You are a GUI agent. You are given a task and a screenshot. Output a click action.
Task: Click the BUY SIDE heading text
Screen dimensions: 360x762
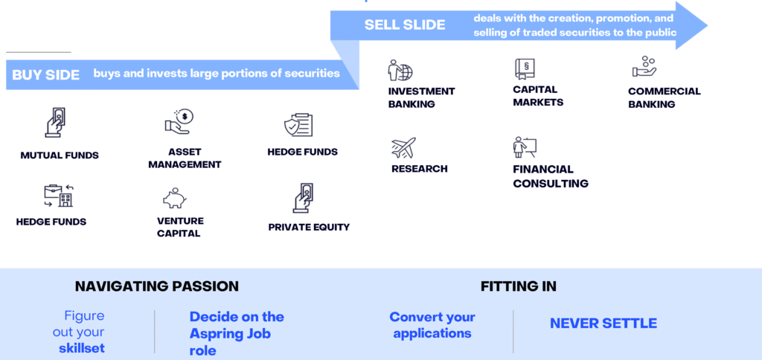tap(45, 75)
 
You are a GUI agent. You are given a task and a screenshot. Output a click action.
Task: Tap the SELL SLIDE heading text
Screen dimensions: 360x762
tap(404, 25)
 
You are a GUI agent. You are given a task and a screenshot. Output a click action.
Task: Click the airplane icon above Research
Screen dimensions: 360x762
tap(403, 149)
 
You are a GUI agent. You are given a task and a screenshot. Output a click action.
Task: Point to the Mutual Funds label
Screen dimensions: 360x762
tap(60, 155)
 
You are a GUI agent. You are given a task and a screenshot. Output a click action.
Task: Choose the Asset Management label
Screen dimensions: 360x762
tap(185, 158)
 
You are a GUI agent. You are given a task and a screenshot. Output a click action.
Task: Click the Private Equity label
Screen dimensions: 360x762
tap(309, 227)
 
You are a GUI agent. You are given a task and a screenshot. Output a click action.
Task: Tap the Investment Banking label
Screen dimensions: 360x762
tap(421, 97)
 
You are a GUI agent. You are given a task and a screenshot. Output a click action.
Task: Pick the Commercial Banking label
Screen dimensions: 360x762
tap(664, 97)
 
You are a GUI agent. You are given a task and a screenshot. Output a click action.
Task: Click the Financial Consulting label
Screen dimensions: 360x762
tap(550, 176)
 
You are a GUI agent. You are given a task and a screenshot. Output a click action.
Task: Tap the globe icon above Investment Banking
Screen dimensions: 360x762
tap(400, 71)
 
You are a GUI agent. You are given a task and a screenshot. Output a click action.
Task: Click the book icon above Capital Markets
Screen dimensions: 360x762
tap(525, 69)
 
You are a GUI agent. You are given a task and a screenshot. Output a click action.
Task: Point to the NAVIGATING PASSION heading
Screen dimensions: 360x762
tap(157, 286)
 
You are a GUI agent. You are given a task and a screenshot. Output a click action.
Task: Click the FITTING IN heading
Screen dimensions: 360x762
tap(518, 286)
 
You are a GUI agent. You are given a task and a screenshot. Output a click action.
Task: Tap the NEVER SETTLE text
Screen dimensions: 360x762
tap(603, 324)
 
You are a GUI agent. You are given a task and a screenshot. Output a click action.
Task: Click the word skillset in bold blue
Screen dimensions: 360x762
tap(81, 348)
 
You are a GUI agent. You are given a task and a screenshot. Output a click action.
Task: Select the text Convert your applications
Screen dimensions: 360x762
tap(432, 325)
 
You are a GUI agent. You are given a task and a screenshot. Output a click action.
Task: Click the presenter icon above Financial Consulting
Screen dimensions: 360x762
tap(525, 147)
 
